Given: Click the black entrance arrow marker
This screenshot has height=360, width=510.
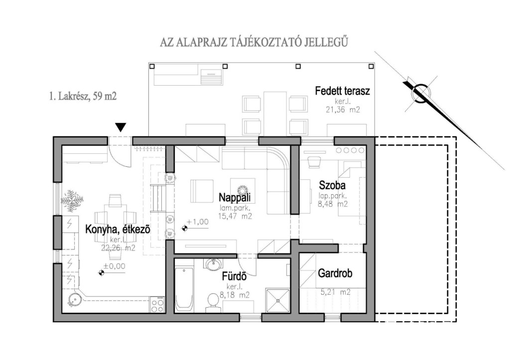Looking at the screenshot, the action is coord(121,127).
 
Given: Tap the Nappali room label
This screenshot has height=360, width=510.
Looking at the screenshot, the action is coord(235,197).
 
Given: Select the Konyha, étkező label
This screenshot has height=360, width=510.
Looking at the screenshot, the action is coord(118,229).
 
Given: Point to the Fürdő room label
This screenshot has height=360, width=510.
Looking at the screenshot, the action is coord(234,276).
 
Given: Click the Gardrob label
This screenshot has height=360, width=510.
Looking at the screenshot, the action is coord(335,273).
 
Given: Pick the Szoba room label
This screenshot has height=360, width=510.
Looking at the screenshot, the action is coord(332,185).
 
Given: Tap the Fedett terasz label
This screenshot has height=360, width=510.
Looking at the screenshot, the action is coord(343,91).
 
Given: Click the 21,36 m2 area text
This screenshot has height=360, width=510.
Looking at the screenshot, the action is coord(343,110).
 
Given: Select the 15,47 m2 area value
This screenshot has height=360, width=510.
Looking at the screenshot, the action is coord(235,216).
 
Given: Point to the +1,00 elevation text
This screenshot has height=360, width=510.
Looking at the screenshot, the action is coord(198,222).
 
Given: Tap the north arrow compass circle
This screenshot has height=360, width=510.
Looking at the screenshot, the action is coord(420,93).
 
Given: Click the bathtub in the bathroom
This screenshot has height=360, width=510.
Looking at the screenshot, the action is coord(184,289).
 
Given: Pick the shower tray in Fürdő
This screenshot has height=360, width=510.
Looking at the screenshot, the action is coord(277,300).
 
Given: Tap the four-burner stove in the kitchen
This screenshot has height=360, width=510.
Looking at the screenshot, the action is coord(157,305).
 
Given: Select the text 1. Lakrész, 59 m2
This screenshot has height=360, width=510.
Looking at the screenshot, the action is coord(83,96).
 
